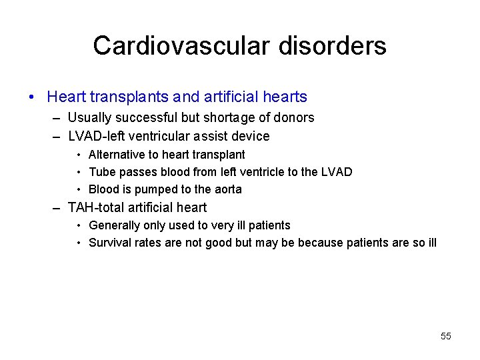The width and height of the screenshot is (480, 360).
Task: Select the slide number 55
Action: [x=446, y=336]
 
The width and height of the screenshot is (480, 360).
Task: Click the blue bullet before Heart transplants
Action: [x=32, y=97]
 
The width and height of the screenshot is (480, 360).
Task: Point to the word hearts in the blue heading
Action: [x=285, y=97]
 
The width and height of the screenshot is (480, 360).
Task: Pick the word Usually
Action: [x=89, y=118]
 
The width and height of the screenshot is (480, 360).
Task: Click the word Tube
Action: [x=101, y=172]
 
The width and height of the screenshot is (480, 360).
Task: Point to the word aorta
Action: [x=227, y=189]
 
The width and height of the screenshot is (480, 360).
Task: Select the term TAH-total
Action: [x=95, y=207]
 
